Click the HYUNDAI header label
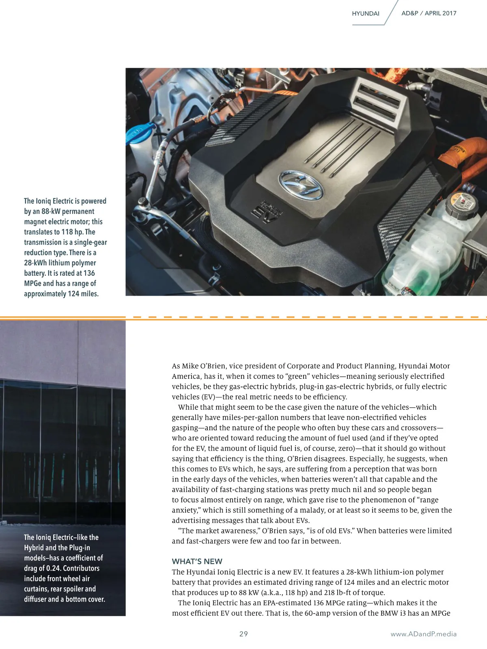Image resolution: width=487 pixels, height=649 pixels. click(365, 13)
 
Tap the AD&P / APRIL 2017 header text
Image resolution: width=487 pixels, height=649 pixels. click(429, 13)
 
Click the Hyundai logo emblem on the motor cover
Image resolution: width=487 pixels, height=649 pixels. click(301, 185)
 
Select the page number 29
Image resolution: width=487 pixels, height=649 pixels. click(243, 634)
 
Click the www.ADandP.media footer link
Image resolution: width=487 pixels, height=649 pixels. click(423, 634)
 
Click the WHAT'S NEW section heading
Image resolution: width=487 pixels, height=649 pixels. click(197, 561)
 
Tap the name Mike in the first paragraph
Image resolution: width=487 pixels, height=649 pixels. click(190, 366)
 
